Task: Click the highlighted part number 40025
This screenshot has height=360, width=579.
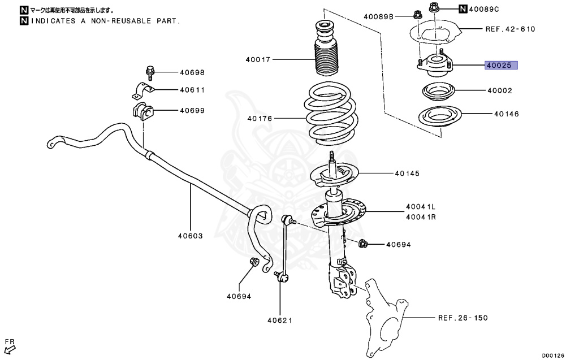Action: click(x=501, y=66)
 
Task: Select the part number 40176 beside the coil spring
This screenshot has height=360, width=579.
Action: click(x=260, y=119)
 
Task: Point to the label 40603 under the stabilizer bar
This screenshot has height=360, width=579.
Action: click(x=190, y=236)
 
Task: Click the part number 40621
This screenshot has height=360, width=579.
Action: click(x=280, y=321)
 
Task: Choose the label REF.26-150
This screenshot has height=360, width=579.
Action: click(x=463, y=318)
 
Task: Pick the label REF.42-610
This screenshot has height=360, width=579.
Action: click(x=510, y=29)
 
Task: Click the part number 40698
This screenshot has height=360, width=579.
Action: click(x=192, y=72)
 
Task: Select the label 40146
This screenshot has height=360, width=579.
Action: click(x=507, y=114)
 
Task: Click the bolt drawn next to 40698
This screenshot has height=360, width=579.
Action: click(x=149, y=71)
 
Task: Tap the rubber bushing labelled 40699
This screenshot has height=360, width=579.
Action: click(x=142, y=111)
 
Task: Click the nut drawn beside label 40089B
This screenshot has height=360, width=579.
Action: click(x=417, y=15)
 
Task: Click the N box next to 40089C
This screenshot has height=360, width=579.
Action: click(x=463, y=8)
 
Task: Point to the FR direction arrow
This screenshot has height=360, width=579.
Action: click(x=9, y=345)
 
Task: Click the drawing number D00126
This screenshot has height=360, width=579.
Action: click(x=553, y=355)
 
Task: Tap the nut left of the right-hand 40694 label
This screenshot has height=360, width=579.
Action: click(x=364, y=244)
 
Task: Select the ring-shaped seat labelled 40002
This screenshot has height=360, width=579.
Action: click(x=437, y=91)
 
